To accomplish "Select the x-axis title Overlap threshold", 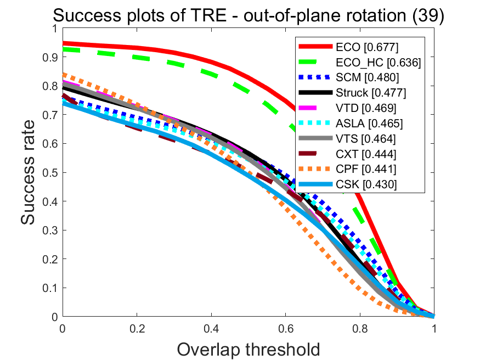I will [x=248, y=348].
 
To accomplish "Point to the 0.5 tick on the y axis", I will [x=53, y=172].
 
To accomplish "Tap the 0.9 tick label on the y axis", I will [x=53, y=57].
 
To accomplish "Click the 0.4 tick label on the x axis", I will [x=211, y=329].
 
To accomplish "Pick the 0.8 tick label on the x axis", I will [x=359, y=329].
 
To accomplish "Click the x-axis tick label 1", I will [x=434, y=329].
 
